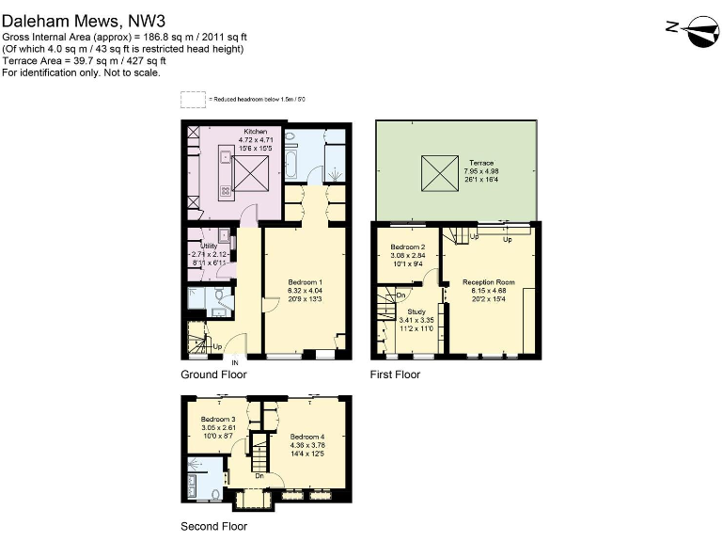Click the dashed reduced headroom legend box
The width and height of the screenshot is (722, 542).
pyautogui.click(x=192, y=99)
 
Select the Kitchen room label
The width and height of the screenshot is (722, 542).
pyautogui.click(x=255, y=132)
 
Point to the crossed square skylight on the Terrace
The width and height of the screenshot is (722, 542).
pyautogui.click(x=437, y=171)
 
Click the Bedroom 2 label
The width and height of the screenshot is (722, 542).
pyautogui.click(x=408, y=246)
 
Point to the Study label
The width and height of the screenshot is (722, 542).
pyautogui.click(x=416, y=311)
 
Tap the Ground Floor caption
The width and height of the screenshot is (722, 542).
pyautogui.click(x=213, y=375)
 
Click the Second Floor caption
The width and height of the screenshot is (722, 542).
pyautogui.click(x=213, y=526)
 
